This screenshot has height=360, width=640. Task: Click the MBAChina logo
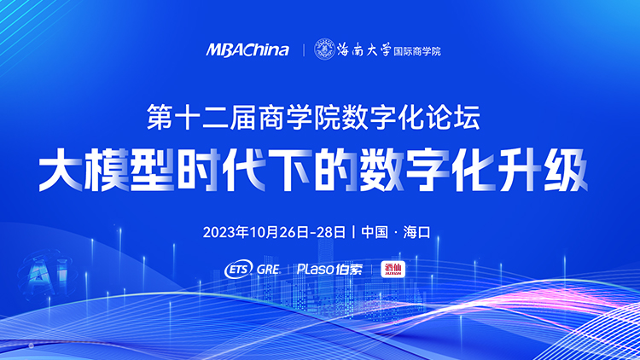pos(247,50)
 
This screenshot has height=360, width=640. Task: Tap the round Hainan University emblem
pos(325,49)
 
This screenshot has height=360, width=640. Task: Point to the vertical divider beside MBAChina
pos(303,50)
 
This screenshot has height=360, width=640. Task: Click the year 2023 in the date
pos(219,231)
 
